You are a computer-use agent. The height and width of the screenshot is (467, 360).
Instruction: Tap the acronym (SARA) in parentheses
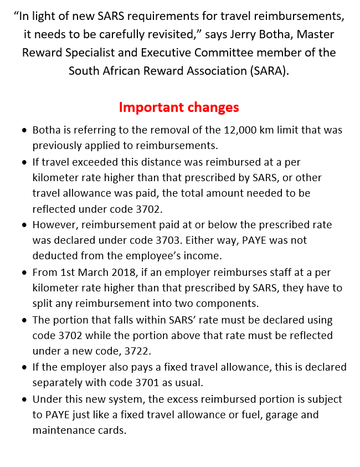(x=270, y=71)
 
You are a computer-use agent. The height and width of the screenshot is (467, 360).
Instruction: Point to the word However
(x=53, y=225)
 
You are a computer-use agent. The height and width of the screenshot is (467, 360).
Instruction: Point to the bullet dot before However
(x=24, y=225)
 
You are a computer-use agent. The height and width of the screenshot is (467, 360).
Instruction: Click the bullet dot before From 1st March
(x=24, y=273)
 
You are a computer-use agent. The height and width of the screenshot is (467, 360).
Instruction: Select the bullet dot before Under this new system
(x=24, y=399)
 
